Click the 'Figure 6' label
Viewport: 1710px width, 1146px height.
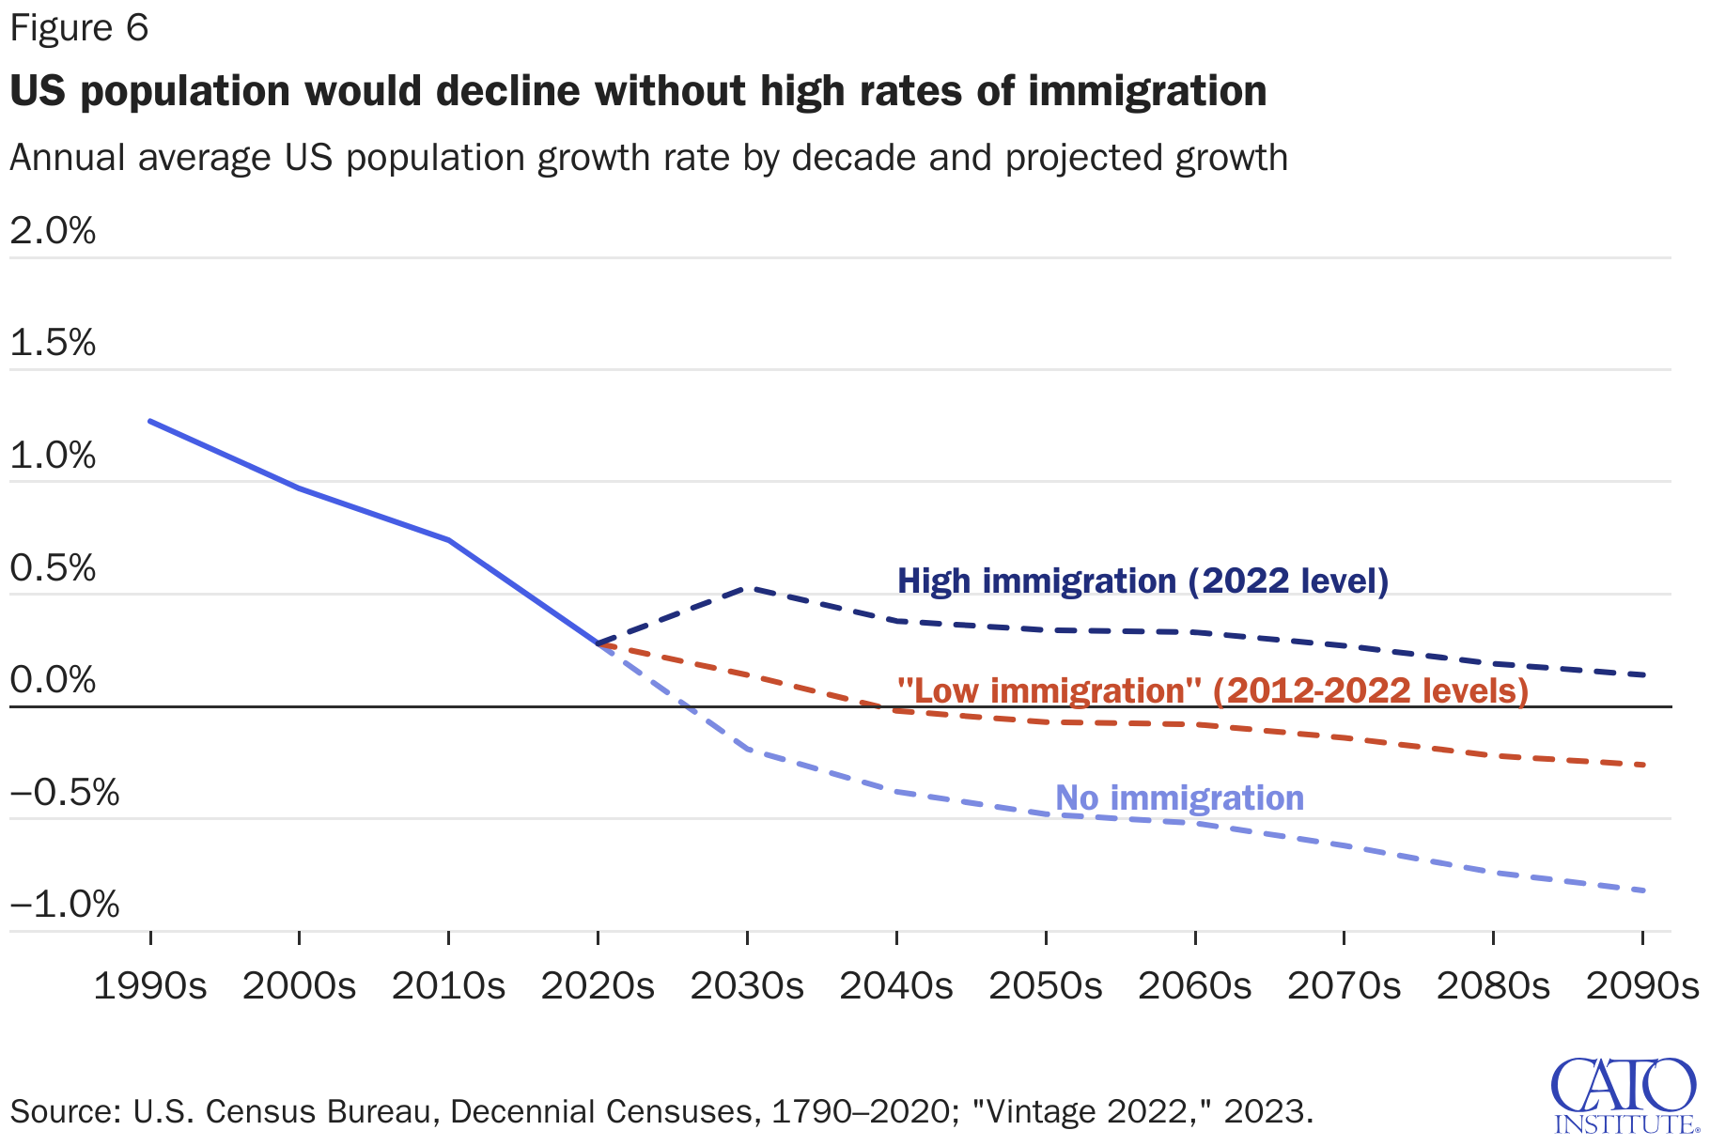pos(79,28)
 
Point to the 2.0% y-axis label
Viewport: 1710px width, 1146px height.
pos(53,231)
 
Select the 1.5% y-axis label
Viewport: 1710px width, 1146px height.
pos(53,344)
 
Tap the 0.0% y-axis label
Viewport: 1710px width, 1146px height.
pos(53,681)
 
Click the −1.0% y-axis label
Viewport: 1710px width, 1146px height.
pos(64,906)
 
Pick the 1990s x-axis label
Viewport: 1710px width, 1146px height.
pos(150,986)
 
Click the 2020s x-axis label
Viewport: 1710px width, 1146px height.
pos(598,986)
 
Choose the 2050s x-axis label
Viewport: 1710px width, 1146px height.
pos(1046,986)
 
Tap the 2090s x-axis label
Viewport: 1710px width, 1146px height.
pos(1641,986)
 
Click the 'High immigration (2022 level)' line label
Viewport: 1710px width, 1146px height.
pos(1143,581)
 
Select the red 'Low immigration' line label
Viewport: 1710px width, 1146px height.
pos(1212,691)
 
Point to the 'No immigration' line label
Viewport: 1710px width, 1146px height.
pos(1179,798)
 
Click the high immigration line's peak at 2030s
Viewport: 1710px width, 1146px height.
pos(747,588)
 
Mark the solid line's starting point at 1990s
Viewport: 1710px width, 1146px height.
pos(150,421)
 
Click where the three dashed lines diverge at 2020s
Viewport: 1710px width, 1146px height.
pos(598,643)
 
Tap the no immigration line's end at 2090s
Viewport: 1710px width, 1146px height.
pos(1642,890)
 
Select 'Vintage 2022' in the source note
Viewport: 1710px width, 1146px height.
pos(1085,1112)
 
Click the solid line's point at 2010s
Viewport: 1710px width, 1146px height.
pos(449,540)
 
